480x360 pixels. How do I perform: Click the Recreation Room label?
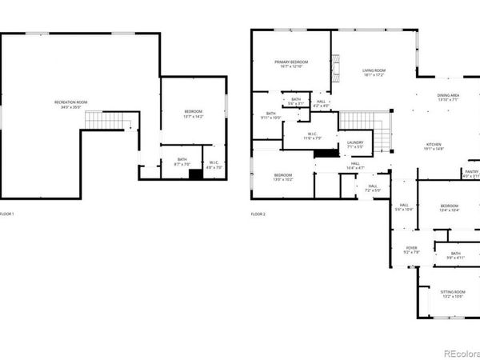[x=70, y=104]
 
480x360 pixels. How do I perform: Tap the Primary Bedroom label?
[x=292, y=64]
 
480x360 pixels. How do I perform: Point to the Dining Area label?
[x=447, y=98]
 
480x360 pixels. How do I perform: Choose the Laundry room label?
[x=355, y=146]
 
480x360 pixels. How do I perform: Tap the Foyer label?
[x=411, y=250]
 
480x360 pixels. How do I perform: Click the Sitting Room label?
[x=453, y=294]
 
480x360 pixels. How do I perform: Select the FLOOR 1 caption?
[x=7, y=214]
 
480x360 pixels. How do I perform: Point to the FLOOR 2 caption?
[x=258, y=214]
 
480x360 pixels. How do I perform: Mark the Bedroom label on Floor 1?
[x=194, y=113]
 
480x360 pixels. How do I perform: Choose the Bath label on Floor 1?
[x=182, y=162]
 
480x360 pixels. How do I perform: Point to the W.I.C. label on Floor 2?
[x=306, y=138]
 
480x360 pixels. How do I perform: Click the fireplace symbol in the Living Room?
[x=337, y=64]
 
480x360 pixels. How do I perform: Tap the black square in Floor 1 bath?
[x=194, y=173]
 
